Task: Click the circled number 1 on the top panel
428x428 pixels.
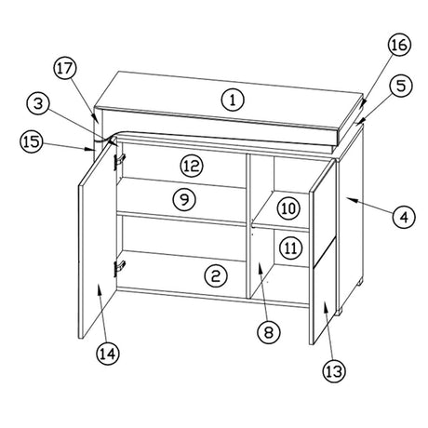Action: coord(233,100)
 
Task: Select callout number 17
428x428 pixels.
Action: coord(65,69)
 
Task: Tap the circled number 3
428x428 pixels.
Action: coord(38,104)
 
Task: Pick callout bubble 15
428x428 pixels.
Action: coord(32,141)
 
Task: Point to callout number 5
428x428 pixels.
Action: coord(401,86)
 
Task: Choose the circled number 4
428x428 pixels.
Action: coord(404,217)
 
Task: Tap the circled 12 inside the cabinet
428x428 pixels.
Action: coord(192,166)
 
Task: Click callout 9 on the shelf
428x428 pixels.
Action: coord(184,199)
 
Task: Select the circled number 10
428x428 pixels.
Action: coord(288,208)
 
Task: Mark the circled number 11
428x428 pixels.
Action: coord(290,247)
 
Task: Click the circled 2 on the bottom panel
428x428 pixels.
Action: coord(216,275)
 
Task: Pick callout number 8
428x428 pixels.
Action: coord(269,332)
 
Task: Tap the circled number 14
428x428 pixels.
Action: coord(108,354)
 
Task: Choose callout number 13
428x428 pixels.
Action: coord(334,371)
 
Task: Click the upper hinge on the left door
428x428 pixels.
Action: coord(119,162)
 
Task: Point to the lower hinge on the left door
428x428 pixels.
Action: coord(119,268)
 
